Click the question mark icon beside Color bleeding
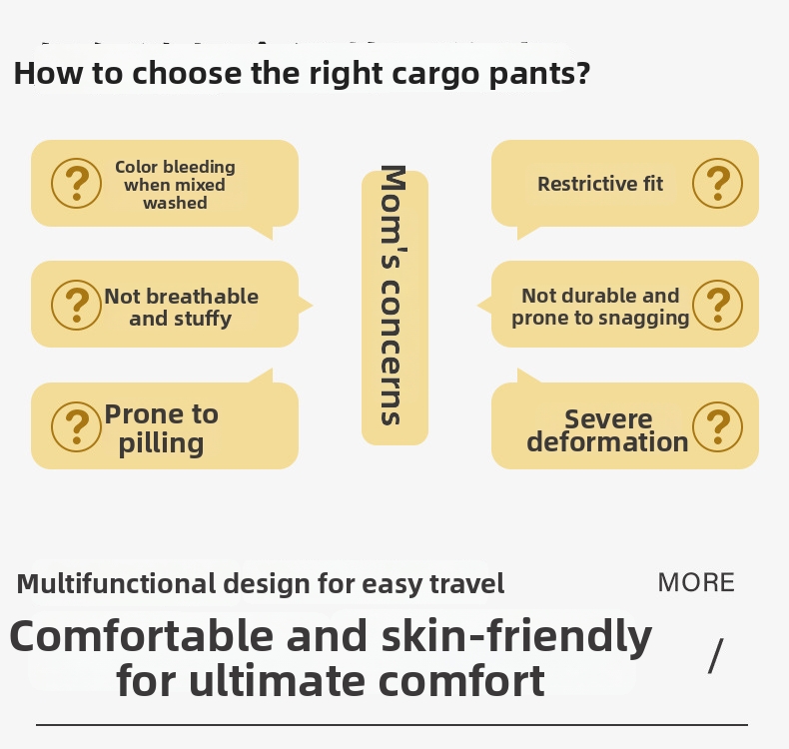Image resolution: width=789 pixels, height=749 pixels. (x=76, y=183)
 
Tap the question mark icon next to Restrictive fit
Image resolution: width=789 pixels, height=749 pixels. (x=717, y=183)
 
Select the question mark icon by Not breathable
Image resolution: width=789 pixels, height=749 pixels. (x=76, y=305)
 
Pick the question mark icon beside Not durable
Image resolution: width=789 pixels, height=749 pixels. (x=717, y=305)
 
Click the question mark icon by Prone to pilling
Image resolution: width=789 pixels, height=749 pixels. (x=76, y=426)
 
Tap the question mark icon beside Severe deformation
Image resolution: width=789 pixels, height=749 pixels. (x=717, y=426)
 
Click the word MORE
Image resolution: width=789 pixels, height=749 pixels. (x=696, y=582)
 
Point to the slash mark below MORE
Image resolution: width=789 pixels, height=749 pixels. (x=715, y=655)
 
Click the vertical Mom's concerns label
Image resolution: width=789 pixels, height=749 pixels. (x=394, y=296)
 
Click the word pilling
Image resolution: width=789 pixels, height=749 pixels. (x=161, y=444)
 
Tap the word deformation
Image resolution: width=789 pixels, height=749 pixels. (x=607, y=441)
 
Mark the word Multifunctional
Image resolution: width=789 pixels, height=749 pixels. (x=116, y=584)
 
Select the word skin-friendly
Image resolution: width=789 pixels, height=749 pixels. (x=516, y=636)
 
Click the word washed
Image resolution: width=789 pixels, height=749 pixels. (x=175, y=203)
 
